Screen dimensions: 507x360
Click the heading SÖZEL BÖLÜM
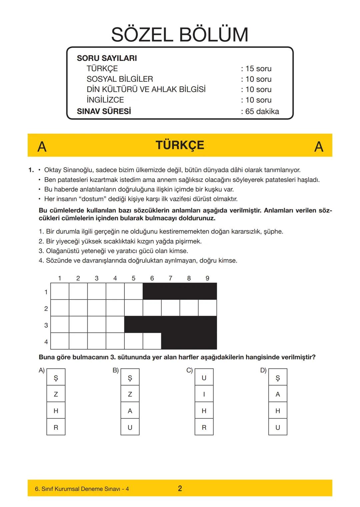coord(180,35)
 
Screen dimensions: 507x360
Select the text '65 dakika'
coord(262,112)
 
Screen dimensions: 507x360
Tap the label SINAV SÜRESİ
coord(104,111)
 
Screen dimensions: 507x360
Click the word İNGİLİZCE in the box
coord(105,100)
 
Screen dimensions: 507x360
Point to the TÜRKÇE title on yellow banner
coord(180,145)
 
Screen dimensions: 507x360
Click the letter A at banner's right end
coord(319,147)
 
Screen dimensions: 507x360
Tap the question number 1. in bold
coord(31,170)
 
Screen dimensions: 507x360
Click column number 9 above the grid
coord(207,278)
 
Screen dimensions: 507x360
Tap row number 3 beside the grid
coord(46,325)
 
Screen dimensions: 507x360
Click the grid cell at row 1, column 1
coord(60,291)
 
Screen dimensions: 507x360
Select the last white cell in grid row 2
coord(207,308)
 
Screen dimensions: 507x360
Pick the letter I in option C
coord(204,394)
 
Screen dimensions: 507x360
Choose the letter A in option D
coord(278,394)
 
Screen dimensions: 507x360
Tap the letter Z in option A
coord(56,394)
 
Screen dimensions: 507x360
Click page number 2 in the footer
coord(180,489)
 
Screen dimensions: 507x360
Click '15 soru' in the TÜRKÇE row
coord(258,69)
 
